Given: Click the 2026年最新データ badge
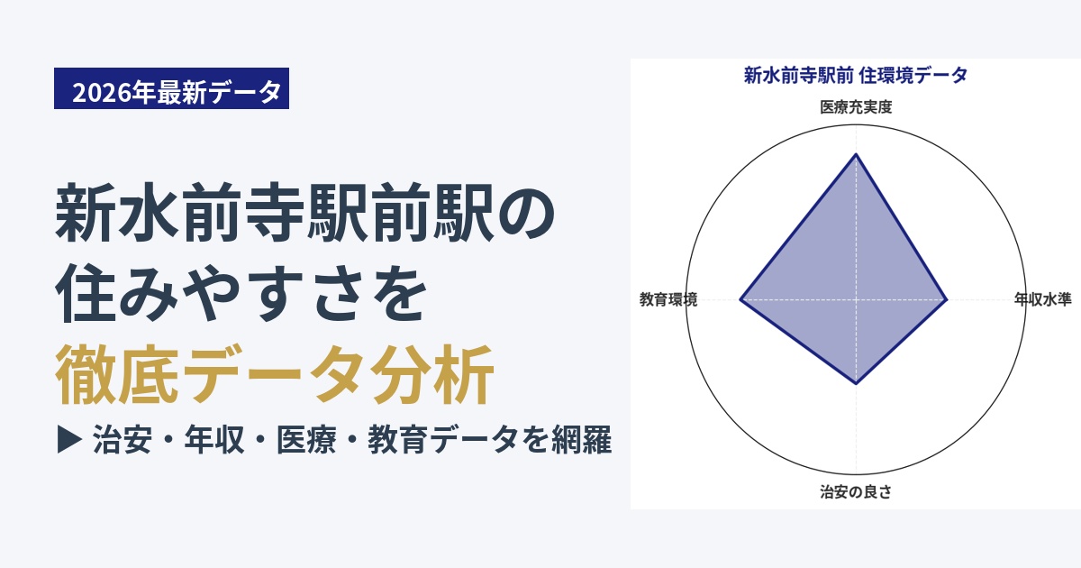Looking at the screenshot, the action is pos(171,88).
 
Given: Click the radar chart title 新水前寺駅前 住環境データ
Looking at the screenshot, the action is pos(856,76).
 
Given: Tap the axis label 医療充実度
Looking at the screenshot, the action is pos(856,106).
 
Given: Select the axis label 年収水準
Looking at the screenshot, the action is pos(1043,299).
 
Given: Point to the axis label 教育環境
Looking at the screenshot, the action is pos(668,299).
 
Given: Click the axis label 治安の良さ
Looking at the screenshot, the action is pos(856,491).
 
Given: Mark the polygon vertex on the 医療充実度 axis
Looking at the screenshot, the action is pos(856,154).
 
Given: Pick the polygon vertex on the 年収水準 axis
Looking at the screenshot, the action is pos(947,299).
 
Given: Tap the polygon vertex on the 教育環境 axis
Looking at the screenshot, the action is pos(740,299).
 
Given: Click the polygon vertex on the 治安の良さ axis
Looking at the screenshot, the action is pos(856,384).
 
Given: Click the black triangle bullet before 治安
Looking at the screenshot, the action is pos(69,440).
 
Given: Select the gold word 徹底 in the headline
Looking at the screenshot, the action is pos(117,374).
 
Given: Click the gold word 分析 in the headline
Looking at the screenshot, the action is pos(432,374).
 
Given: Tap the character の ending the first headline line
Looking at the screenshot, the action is pos(526,212).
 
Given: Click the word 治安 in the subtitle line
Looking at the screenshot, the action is pos(123,440).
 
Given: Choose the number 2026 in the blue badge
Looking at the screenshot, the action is pos(102,92).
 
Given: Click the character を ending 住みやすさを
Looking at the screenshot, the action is pos(397,293).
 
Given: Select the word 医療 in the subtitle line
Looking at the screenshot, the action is pos(306,440).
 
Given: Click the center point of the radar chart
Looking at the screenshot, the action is pos(856,299).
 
